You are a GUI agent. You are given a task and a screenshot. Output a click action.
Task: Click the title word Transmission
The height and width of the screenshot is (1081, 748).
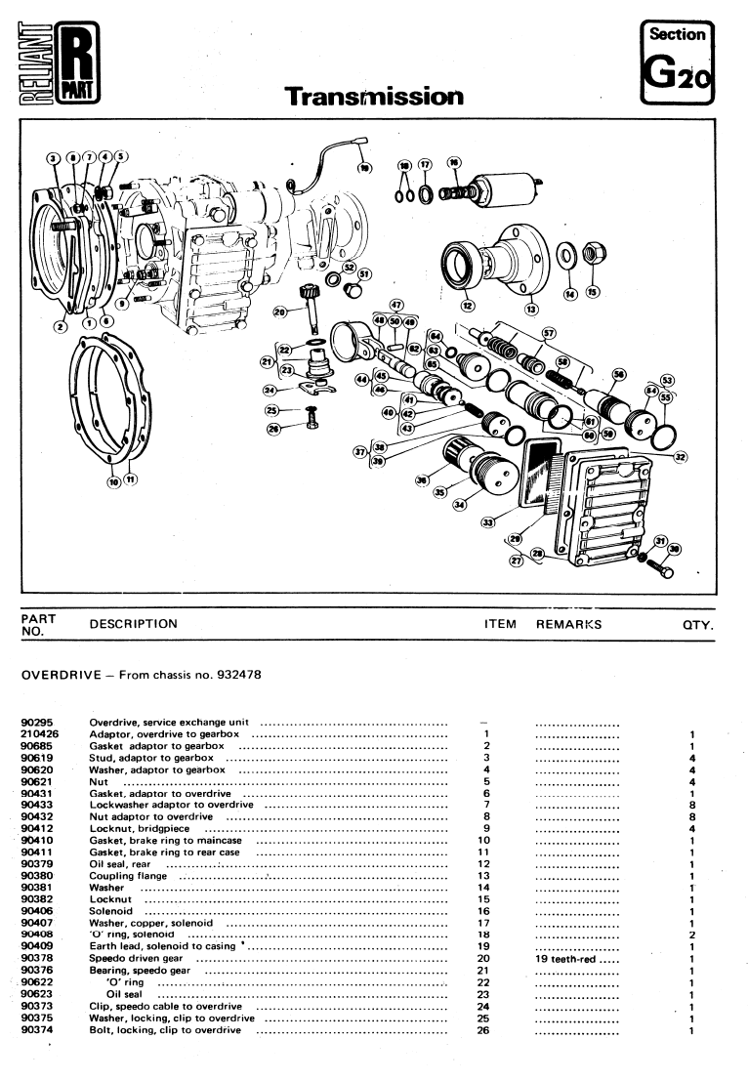(374, 96)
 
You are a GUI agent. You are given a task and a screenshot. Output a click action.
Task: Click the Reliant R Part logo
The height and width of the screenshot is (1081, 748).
(57, 64)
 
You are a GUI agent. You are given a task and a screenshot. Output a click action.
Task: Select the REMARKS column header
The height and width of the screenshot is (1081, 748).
(568, 624)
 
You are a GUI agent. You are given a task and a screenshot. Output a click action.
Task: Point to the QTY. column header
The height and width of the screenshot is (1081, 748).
(698, 624)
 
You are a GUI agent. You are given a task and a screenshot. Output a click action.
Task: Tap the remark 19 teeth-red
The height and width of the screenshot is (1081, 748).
(576, 958)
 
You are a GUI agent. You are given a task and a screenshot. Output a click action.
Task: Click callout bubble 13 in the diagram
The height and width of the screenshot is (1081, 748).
(531, 310)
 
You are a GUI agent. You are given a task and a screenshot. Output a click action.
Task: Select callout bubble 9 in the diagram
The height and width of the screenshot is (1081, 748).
(122, 304)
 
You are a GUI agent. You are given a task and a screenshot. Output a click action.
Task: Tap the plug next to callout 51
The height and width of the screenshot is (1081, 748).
(353, 290)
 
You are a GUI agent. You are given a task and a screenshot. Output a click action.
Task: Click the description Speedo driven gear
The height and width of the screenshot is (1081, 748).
(134, 958)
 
